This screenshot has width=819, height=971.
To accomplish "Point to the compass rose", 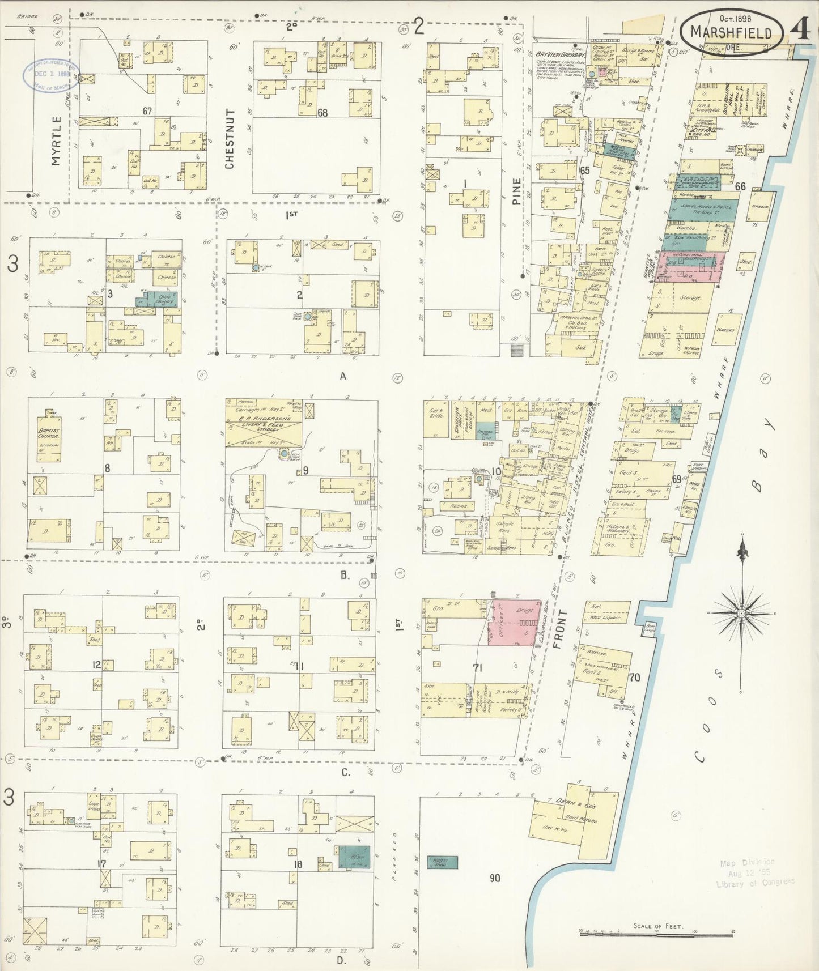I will (741, 614).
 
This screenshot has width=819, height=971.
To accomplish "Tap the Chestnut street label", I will (230, 139).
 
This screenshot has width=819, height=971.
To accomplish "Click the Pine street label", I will (516, 191).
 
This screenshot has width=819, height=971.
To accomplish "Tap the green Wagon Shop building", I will (443, 862).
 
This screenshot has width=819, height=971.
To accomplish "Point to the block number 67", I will (147, 111).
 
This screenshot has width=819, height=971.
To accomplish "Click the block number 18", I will (298, 864).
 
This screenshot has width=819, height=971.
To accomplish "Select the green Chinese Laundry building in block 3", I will (156, 299).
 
